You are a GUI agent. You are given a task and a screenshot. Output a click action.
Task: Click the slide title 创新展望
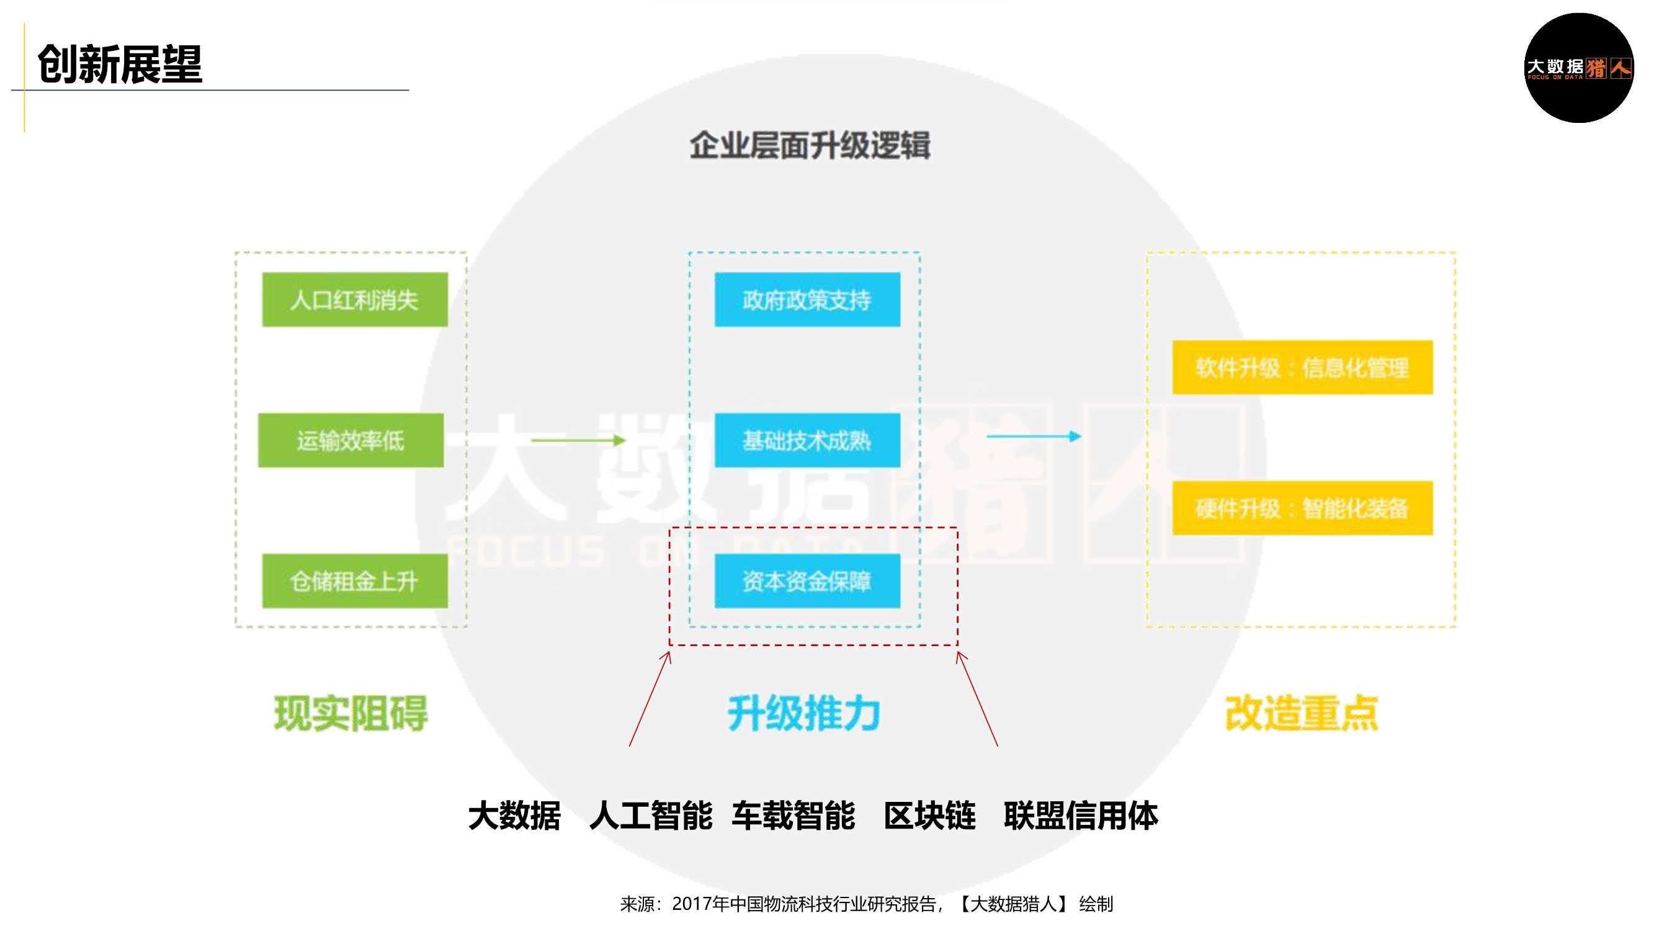[120, 65]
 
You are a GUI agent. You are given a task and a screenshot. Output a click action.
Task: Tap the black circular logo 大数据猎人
[1578, 68]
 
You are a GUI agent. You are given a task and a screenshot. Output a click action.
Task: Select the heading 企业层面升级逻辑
[810, 145]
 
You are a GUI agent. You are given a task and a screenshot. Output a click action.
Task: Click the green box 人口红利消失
[354, 299]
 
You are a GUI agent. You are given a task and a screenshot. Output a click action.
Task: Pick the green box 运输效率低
[351, 440]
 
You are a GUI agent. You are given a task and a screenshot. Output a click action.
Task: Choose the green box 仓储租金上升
[354, 581]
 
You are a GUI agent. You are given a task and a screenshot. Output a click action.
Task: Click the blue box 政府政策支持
[807, 299]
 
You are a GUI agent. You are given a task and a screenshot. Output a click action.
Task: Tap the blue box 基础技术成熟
[807, 440]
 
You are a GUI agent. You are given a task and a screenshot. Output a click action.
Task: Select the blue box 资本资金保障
[807, 581]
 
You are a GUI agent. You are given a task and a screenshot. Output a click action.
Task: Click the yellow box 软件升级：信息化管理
[1302, 367]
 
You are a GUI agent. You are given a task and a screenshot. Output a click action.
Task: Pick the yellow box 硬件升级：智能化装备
[1302, 508]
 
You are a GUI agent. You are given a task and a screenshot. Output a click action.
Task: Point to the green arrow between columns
[578, 440]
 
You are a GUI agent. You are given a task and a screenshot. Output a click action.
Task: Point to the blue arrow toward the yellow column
[1034, 436]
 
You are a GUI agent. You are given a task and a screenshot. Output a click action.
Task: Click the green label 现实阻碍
[351, 713]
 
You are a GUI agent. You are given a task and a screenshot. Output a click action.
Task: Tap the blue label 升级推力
[804, 713]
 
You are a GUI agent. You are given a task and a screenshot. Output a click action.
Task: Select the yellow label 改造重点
[1302, 713]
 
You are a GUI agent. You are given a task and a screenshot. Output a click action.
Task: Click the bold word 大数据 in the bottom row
[514, 816]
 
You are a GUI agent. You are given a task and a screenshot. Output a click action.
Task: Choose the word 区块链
[930, 816]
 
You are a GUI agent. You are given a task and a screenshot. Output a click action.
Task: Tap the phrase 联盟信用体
[1081, 816]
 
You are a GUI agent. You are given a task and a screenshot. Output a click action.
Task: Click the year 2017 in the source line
[692, 904]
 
